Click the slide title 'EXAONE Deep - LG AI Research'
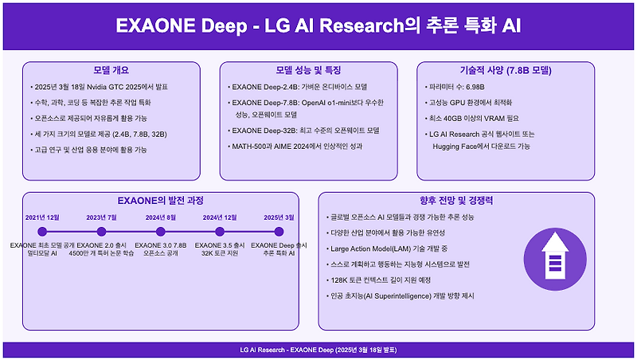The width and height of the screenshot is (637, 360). (x=318, y=25)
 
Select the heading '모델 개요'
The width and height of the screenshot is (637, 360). (x=111, y=70)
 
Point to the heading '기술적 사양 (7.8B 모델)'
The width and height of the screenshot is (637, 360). (x=506, y=70)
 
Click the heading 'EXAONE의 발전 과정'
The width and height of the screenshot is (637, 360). (x=160, y=201)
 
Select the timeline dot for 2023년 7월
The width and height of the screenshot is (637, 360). (x=101, y=232)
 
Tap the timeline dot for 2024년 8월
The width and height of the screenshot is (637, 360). (x=160, y=232)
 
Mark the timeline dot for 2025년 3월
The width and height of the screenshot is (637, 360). (x=279, y=232)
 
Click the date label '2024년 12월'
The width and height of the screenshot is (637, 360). (x=220, y=217)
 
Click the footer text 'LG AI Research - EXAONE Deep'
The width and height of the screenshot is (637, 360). (x=318, y=350)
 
